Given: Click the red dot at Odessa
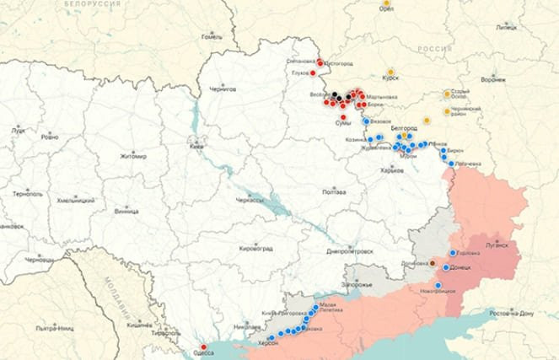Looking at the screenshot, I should click(x=202, y=347).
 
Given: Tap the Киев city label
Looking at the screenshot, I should click(x=196, y=146).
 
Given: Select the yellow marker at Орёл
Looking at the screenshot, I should click(x=386, y=4).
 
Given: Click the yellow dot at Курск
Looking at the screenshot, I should click(x=390, y=72).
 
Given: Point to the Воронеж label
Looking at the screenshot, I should click(x=492, y=79).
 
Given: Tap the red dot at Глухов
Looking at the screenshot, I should click(x=313, y=73).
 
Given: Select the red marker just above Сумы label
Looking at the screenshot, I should click(x=343, y=117).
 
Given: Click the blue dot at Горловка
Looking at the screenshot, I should click(x=453, y=253).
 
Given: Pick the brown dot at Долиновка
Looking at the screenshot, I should click(x=433, y=263).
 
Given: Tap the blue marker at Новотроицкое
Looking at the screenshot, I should click(x=438, y=285).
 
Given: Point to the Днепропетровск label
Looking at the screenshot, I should click(x=349, y=251).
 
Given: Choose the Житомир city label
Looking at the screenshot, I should click(x=132, y=156).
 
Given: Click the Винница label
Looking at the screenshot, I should click(x=126, y=211).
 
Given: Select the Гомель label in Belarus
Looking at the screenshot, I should click(x=211, y=37).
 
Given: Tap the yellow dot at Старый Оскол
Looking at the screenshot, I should click(x=448, y=94).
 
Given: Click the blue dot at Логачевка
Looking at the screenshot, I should click(x=452, y=164).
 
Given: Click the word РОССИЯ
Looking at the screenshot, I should click(x=436, y=50).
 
